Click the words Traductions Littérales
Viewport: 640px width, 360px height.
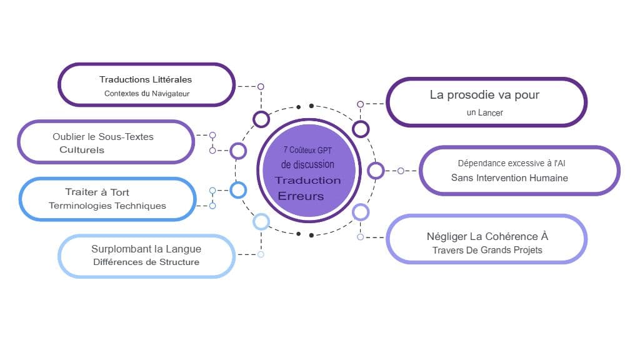point(146,79)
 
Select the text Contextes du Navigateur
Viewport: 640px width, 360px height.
point(147,94)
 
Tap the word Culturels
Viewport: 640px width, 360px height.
point(82,150)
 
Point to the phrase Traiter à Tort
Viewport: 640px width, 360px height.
point(97,192)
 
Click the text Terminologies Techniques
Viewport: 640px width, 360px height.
point(107,206)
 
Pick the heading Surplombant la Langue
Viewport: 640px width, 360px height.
point(146,249)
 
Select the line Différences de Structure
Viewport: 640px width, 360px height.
point(146,262)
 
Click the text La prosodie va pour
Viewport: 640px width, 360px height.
point(484,95)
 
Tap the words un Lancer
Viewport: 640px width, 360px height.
point(484,113)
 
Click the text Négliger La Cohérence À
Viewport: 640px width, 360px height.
point(487,236)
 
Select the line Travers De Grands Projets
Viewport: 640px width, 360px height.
point(487,250)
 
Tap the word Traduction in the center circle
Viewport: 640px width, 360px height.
point(308,181)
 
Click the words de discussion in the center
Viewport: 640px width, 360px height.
point(307,164)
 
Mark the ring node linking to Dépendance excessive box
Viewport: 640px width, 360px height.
point(376,170)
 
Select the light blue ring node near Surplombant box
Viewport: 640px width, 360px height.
point(261,221)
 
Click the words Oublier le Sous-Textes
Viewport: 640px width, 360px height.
point(103,136)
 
